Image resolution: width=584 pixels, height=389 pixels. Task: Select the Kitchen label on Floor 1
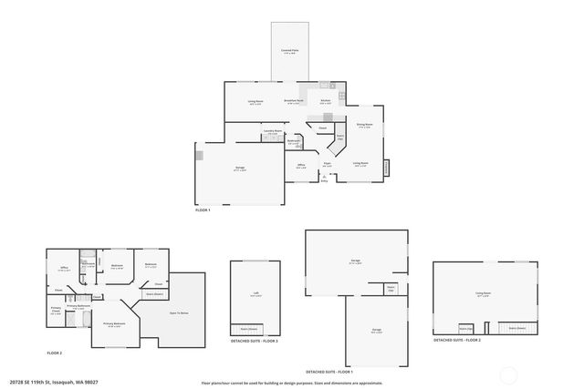325,101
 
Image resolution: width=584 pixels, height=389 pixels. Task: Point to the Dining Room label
364,126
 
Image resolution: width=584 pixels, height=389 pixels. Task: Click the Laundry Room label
271,132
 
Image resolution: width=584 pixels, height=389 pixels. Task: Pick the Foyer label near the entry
327,164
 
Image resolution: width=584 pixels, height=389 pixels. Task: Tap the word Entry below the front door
324,181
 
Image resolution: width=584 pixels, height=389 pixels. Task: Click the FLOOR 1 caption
203,210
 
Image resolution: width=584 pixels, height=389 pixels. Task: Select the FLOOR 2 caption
55,353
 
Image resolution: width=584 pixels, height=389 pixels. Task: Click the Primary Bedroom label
113,323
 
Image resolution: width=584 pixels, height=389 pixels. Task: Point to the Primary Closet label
55,310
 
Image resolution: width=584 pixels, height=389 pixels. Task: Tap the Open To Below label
179,312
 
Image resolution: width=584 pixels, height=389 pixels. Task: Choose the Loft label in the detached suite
255,294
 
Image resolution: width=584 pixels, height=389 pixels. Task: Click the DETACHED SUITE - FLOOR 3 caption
255,341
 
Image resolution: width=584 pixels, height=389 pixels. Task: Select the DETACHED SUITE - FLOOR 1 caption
329,372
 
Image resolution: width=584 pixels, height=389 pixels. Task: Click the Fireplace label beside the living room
386,168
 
